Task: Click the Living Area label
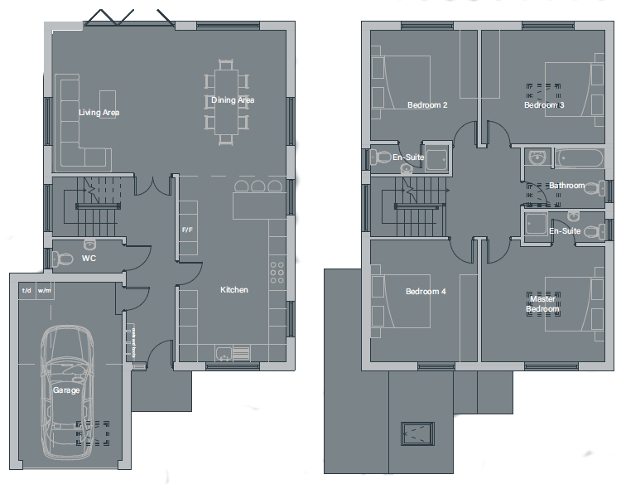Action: click(99, 113)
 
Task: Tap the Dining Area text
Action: click(233, 100)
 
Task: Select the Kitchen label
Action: click(233, 290)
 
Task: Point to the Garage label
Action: click(66, 390)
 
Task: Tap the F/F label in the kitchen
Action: click(187, 230)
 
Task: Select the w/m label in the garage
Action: click(44, 291)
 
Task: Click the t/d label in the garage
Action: click(26, 291)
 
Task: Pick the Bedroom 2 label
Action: click(427, 105)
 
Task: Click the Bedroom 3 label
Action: click(544, 105)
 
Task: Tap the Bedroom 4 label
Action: click(426, 292)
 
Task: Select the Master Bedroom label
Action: click(542, 304)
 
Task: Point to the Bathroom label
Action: click(566, 186)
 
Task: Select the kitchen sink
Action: click(224, 354)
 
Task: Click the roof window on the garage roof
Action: click(418, 433)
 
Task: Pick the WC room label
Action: click(89, 259)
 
